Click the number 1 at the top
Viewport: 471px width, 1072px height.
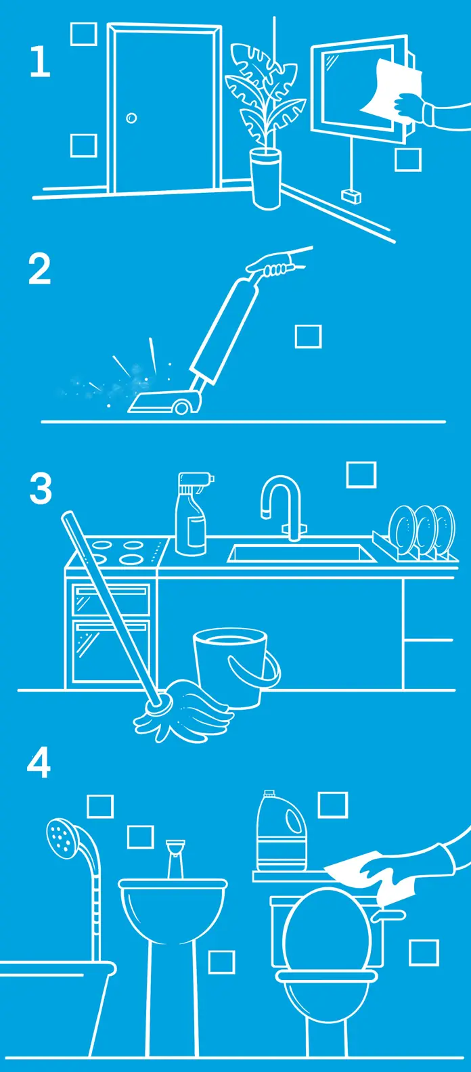(40, 62)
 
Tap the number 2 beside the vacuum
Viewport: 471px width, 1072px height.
(40, 269)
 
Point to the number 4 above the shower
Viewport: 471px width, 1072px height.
(39, 764)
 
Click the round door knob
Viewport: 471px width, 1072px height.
(131, 118)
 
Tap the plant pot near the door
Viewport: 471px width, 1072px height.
(266, 178)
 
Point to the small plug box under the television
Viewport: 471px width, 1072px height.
(351, 196)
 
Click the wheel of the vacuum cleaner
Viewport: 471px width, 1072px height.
(182, 407)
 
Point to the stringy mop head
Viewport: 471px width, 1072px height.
(182, 715)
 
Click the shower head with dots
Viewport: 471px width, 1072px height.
(62, 836)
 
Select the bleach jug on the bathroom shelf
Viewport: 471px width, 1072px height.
(282, 832)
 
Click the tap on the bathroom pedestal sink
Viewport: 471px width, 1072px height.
(175, 859)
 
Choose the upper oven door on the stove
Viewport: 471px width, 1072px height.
(111, 600)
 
